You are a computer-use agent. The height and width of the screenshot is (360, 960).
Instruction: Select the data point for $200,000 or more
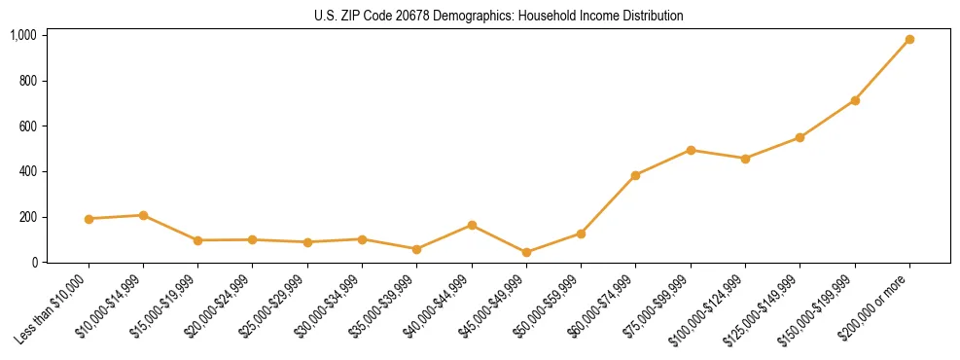[x=909, y=40]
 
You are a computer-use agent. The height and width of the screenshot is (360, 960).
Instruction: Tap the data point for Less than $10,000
[x=89, y=219]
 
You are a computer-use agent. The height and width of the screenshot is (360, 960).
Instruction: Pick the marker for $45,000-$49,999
[x=526, y=252]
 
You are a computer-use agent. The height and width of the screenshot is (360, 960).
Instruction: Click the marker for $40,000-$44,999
[x=472, y=225]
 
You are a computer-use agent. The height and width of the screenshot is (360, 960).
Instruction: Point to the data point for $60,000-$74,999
[x=635, y=175]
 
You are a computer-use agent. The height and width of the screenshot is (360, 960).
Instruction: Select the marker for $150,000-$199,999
[x=855, y=100]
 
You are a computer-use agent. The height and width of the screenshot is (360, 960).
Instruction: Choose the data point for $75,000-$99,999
[x=691, y=150]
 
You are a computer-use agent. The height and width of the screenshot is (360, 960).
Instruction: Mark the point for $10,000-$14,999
[x=143, y=215]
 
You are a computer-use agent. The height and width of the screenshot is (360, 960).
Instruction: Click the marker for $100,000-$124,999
[x=745, y=158]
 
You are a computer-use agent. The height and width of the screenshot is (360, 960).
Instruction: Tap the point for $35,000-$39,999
[x=417, y=249]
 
